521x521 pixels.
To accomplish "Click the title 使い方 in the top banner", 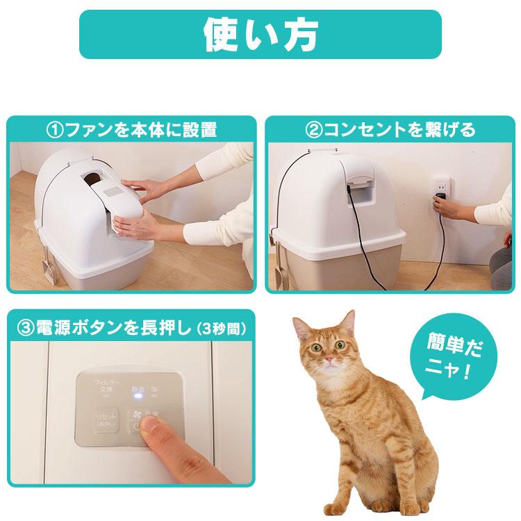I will point(260,33).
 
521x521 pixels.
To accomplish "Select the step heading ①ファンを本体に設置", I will point(131,130).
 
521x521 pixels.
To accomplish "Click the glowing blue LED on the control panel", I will point(138,398).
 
